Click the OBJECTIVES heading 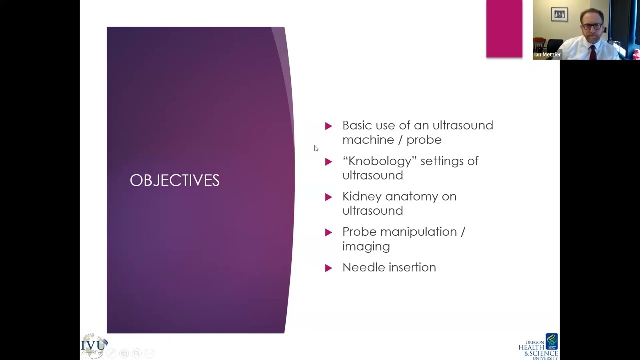174,180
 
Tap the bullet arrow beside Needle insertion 328,268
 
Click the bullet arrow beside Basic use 328,126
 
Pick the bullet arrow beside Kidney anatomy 328,197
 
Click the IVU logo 94,345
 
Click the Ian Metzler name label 547,55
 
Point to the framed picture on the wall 559,15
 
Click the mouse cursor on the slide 316,148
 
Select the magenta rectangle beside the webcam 504,28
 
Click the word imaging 366,246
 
